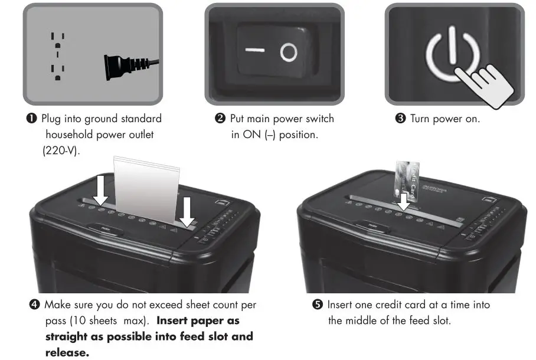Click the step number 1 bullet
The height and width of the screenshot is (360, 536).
(34, 119)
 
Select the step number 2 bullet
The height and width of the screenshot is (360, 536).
(220, 119)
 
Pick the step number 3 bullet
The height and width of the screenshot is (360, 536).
(400, 119)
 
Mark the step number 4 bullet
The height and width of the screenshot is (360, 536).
(34, 305)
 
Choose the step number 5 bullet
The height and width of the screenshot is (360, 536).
(318, 305)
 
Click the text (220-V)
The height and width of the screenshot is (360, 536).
(61, 150)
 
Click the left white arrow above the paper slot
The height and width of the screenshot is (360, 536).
(102, 189)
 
